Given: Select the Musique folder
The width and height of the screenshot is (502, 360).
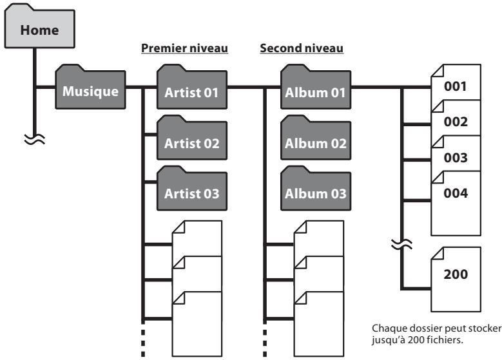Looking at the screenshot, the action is coord(90,91).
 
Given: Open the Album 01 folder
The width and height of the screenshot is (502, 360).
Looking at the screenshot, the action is coord(314,92).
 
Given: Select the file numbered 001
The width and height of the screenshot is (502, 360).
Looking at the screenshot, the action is coord(459,86).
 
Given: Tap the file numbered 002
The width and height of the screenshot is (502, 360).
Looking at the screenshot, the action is coord(459,122).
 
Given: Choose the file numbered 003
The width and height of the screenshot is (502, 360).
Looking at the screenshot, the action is coord(459,157).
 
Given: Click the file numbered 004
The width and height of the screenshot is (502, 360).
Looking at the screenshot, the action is coord(459,193).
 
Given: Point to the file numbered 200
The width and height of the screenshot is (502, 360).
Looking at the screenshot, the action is coord(459,274).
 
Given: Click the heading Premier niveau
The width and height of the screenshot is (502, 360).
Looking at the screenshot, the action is coord(184,48).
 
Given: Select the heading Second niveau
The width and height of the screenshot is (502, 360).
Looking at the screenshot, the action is coord(301,48).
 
